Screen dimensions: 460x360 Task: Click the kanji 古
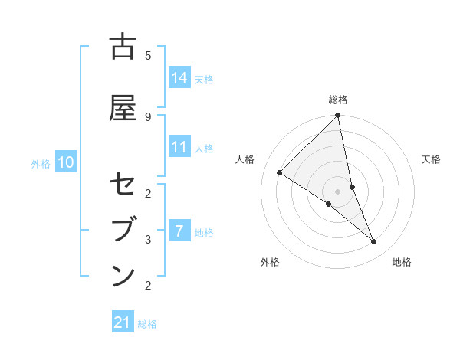coord(123,47)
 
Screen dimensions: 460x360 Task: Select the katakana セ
coord(123,185)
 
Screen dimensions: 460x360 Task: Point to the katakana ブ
coord(123,231)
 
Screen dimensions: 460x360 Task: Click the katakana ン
coord(123,276)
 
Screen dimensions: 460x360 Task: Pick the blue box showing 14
coord(180,78)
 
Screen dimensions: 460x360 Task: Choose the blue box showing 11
coord(180,147)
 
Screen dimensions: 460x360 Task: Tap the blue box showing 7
coord(180,231)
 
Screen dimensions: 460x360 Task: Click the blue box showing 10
coord(65,162)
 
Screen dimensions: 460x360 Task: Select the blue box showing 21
coord(123,323)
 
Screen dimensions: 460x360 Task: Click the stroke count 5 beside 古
coord(148,55)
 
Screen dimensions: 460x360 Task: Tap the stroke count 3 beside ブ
coord(148,239)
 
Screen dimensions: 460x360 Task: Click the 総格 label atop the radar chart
coord(338,100)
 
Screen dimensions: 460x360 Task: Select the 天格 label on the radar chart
coord(431,159)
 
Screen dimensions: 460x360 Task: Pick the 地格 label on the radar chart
coord(402,262)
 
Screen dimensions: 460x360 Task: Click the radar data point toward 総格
coord(338,116)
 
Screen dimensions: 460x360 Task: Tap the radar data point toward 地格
coord(374,242)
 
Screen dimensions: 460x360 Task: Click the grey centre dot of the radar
coord(338,191)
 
